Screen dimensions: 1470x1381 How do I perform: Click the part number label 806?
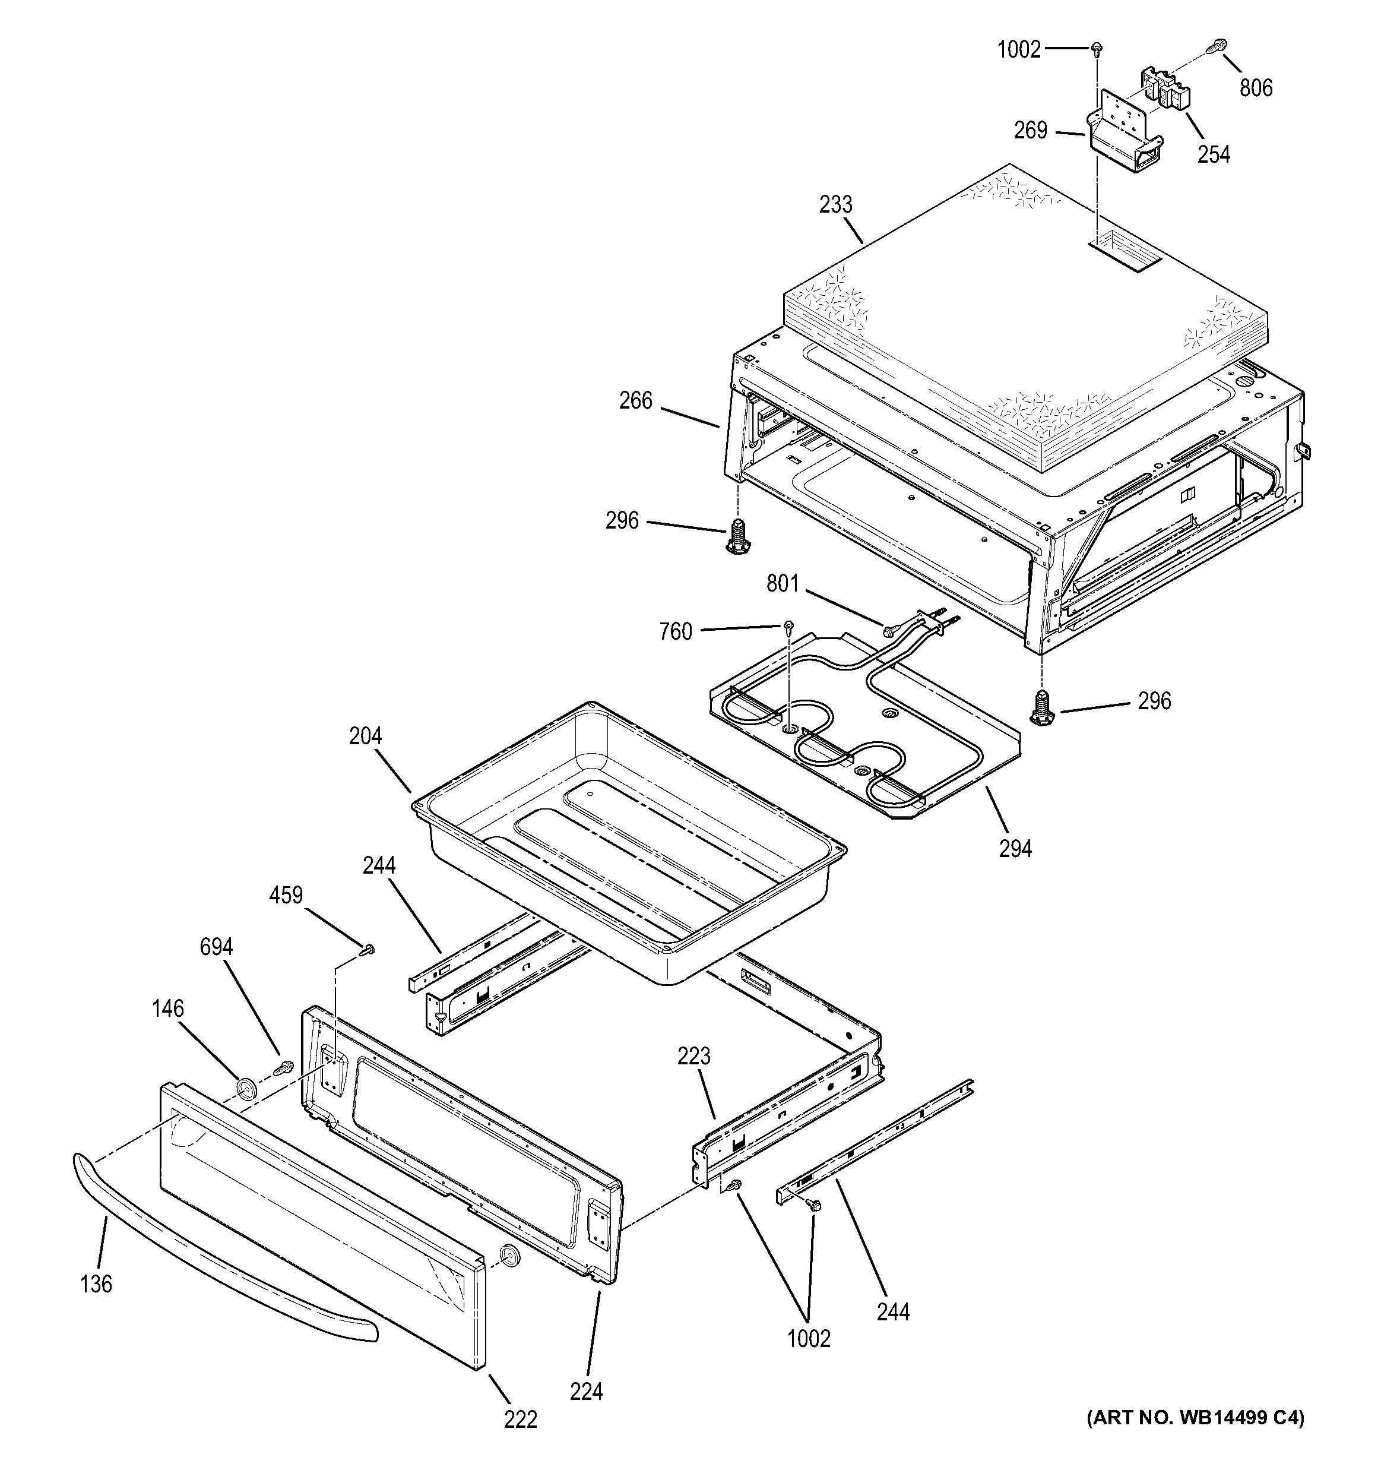point(1256,88)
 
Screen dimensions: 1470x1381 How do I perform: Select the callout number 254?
point(1214,154)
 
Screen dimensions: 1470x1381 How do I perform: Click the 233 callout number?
point(835,204)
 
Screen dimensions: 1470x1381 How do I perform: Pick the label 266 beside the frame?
point(636,401)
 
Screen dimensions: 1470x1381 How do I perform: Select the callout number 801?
point(782,584)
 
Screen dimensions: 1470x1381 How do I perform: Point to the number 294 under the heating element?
point(1015,849)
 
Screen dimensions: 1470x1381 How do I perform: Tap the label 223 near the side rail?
point(693,1056)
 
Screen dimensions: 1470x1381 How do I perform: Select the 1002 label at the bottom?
point(809,1338)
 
